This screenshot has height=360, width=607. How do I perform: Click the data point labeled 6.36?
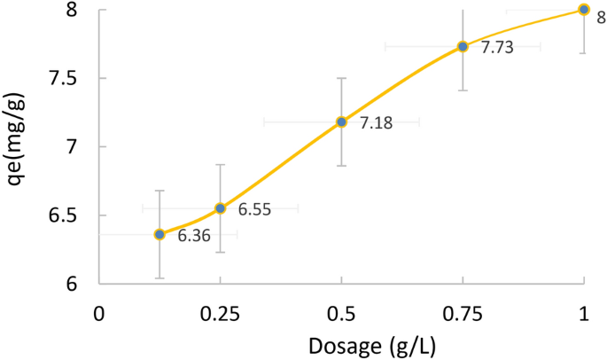click(160, 234)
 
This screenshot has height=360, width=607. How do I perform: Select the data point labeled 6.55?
click(221, 208)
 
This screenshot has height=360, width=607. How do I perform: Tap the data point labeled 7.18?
click(341, 121)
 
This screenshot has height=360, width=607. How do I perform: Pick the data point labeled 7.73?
click(463, 46)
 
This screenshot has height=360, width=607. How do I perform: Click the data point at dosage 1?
click(583, 10)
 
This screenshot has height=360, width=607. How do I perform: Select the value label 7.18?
click(376, 125)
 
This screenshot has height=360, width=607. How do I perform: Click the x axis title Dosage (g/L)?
click(341, 345)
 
